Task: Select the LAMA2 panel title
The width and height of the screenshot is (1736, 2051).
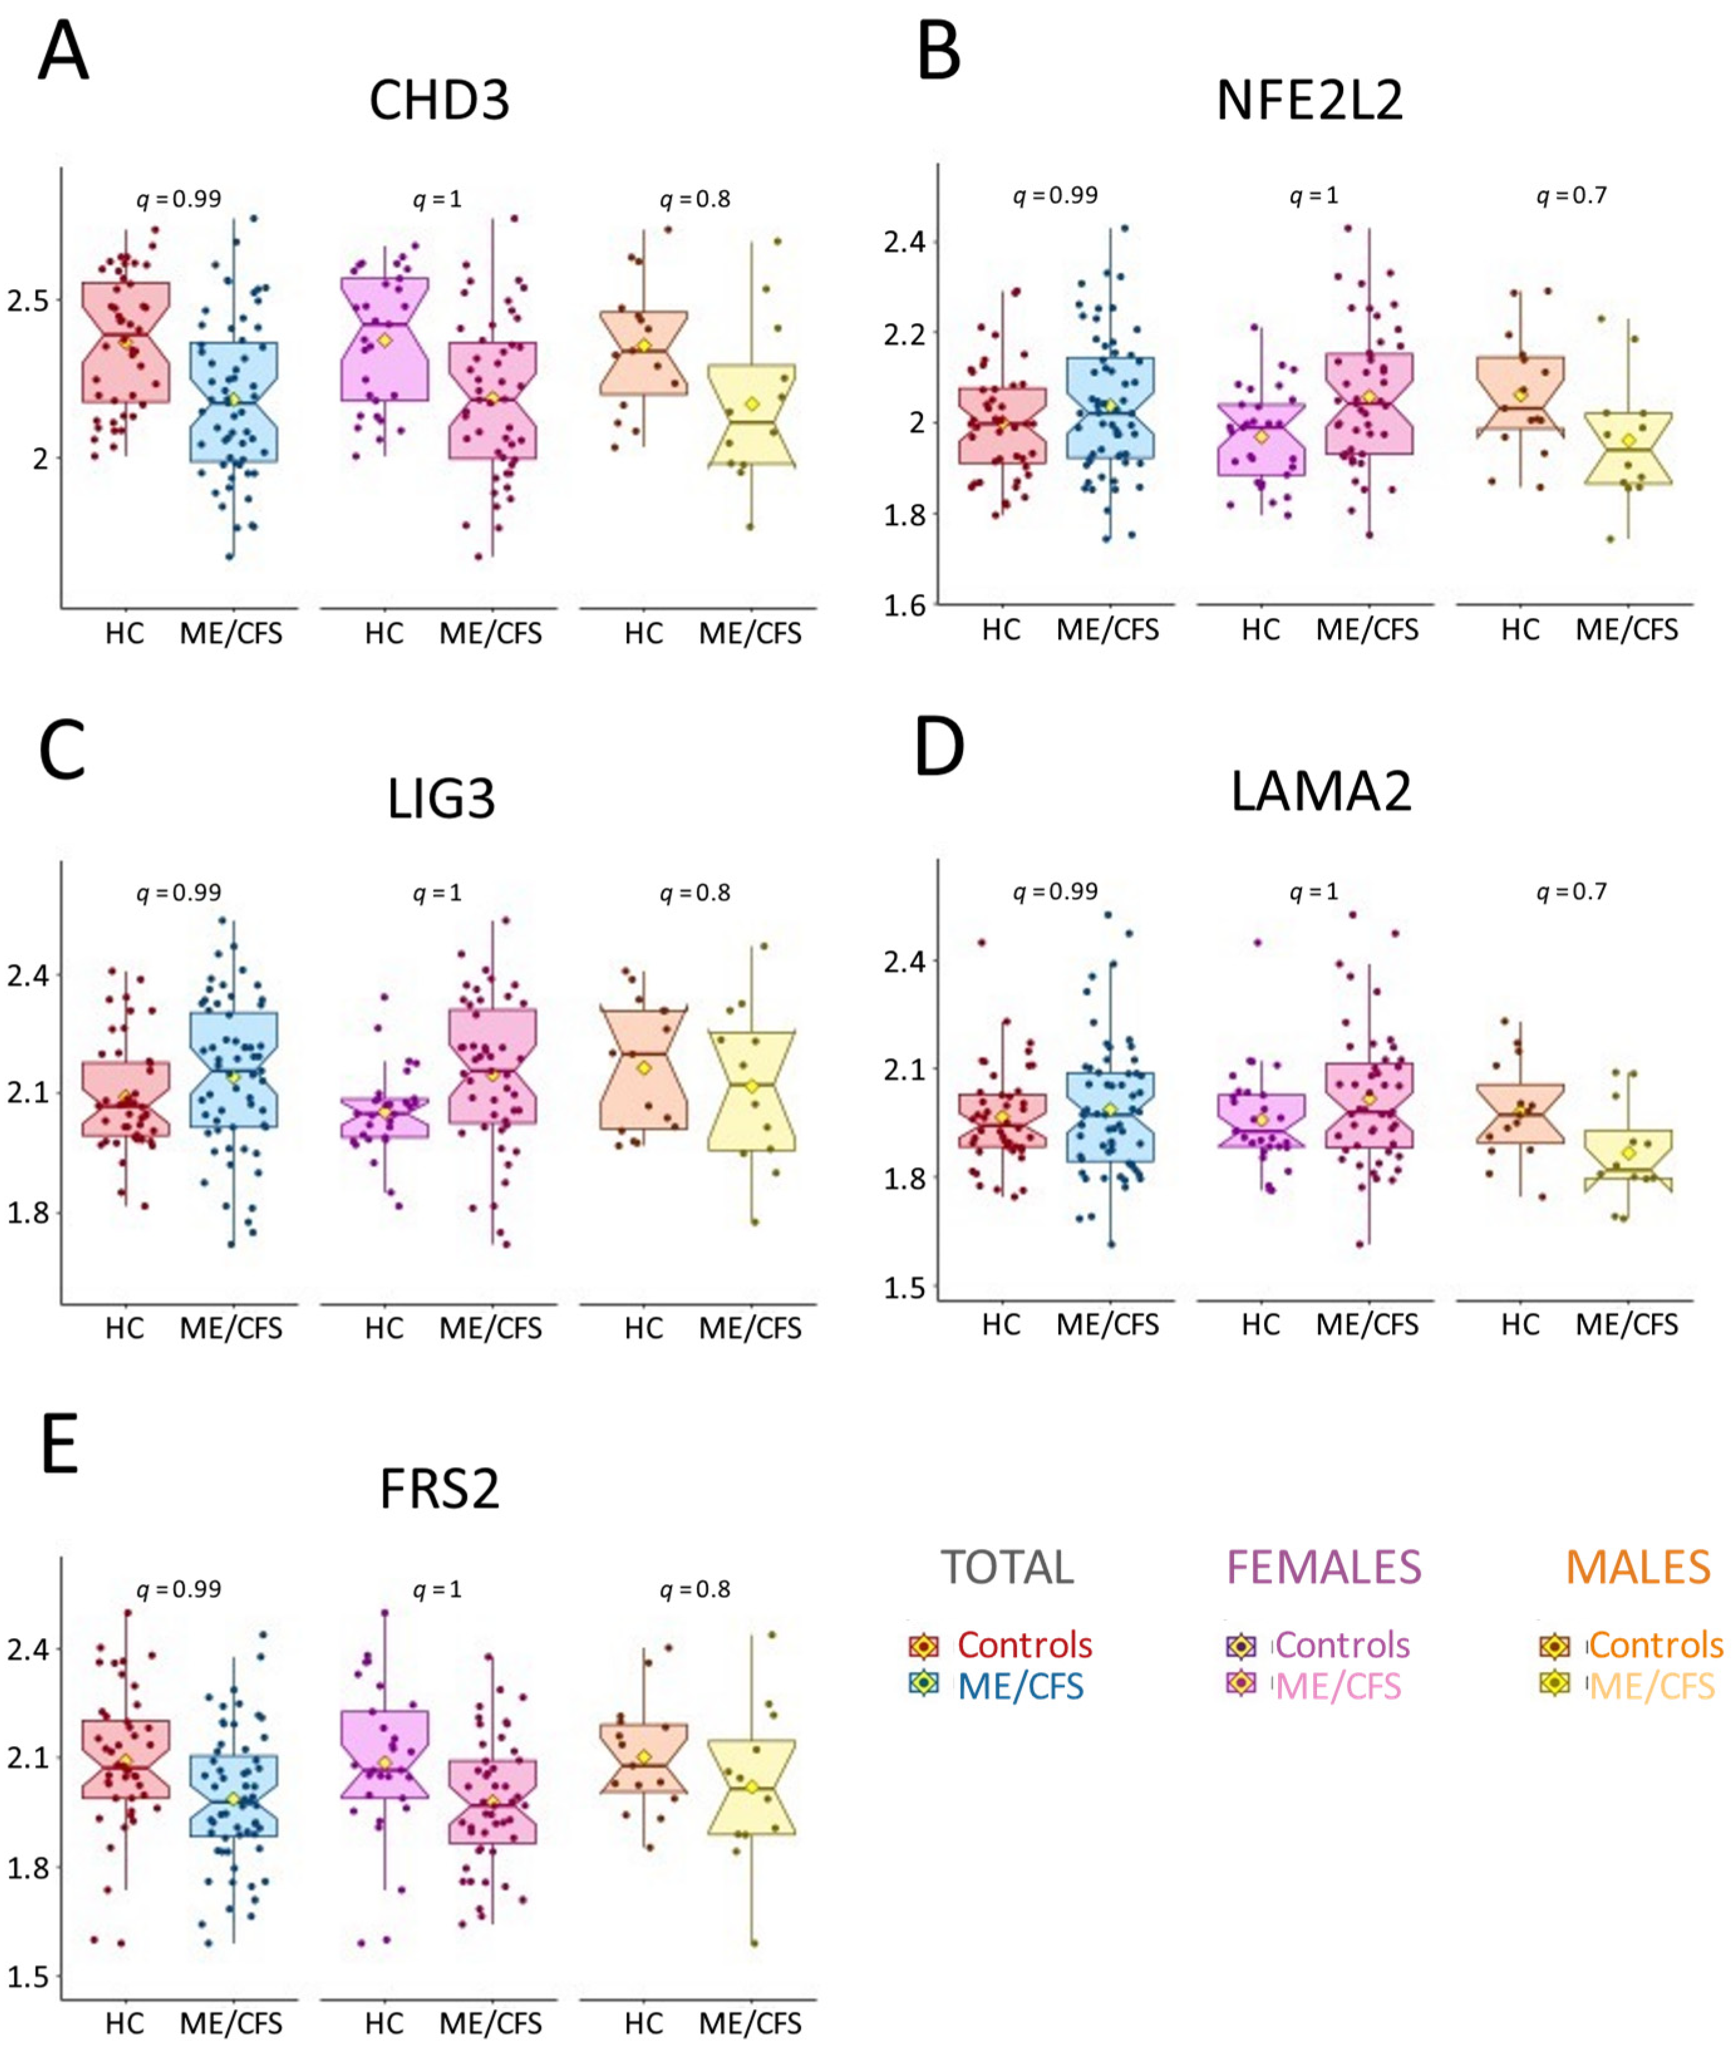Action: (1321, 791)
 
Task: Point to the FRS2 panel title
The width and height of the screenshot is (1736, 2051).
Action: (439, 1488)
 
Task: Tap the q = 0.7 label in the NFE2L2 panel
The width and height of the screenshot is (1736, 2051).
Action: (1572, 196)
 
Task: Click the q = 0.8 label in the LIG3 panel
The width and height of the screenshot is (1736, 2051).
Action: (695, 893)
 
